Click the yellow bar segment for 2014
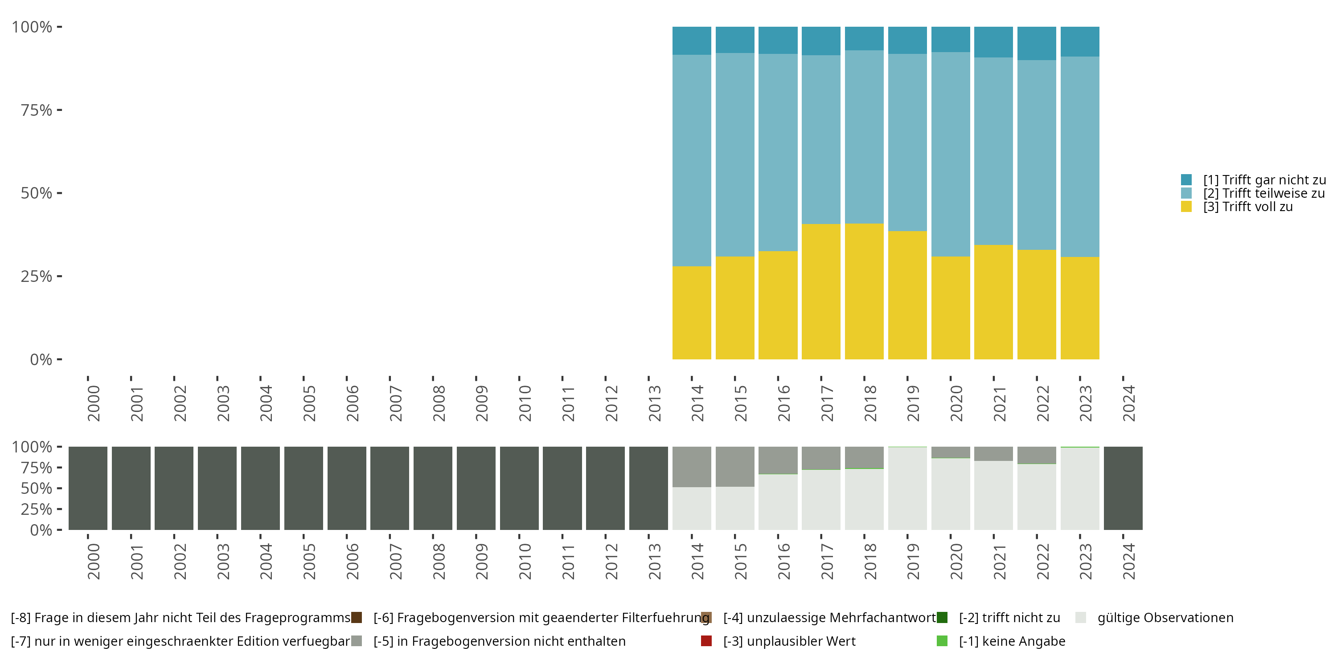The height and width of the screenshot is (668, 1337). coord(691,312)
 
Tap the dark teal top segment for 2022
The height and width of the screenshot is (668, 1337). coord(1036,43)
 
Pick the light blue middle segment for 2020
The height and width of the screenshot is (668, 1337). coord(950,154)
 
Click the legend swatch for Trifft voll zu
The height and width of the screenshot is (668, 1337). coord(1186,207)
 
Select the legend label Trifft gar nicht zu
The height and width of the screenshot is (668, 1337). coord(1264,180)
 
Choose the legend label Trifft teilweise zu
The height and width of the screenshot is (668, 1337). coord(1263,193)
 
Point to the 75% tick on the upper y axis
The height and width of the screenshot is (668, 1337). coord(59,110)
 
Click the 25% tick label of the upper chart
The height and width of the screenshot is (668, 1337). coord(37,277)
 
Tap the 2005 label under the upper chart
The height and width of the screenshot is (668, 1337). coord(309,403)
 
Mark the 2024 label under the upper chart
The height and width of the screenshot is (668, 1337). coord(1128,403)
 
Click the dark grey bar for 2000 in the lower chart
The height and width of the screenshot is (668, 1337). coord(88,488)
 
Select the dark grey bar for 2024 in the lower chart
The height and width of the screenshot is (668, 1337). coord(1123,488)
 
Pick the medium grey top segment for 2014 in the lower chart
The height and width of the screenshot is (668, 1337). coord(691,466)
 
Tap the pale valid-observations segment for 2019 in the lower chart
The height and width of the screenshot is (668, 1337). coord(907,488)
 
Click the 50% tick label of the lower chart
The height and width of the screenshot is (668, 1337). coord(37,489)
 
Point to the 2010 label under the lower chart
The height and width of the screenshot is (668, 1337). coord(525,561)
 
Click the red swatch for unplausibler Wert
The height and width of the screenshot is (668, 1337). coord(706,641)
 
